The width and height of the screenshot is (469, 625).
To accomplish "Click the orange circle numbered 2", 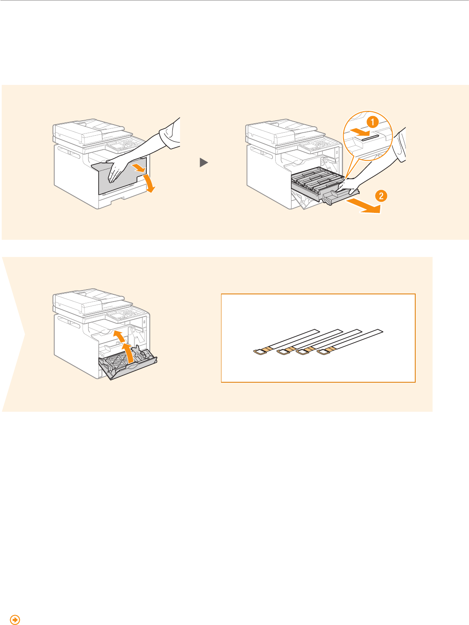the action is pos(381,196).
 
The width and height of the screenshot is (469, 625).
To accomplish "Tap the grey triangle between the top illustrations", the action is pos(204,162).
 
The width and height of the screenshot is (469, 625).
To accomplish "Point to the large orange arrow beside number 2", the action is pos(363,206).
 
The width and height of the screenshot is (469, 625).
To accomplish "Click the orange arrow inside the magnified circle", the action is pos(360,131).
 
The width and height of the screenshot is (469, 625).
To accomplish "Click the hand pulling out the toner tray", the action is pos(347,187).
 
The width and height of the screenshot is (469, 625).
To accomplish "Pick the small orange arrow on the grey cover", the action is pos(139,168).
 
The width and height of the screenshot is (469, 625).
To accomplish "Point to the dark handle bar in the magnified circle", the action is pos(370,137).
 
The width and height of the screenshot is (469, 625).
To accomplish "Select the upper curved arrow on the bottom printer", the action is pos(119,336).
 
